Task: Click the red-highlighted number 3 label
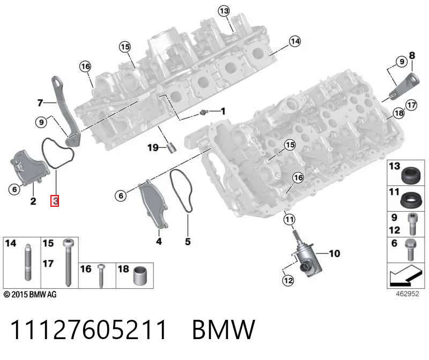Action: coord(55,201)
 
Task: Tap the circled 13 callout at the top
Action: coord(224,11)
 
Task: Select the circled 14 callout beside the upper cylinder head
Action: coord(295,41)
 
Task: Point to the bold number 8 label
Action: coord(412,56)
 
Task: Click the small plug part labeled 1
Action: coord(203,112)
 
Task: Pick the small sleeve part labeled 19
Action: coord(172,148)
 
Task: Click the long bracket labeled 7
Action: coord(64,111)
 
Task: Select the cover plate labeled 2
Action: coord(29,167)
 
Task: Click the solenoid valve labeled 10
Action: coord(306,257)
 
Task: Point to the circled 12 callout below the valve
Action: coord(288,281)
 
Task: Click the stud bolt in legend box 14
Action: coord(27,262)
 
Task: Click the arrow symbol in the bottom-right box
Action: coord(405,275)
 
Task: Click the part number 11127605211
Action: coord(88,329)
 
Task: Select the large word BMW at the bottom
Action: coord(224,329)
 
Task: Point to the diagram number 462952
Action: coord(408,294)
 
